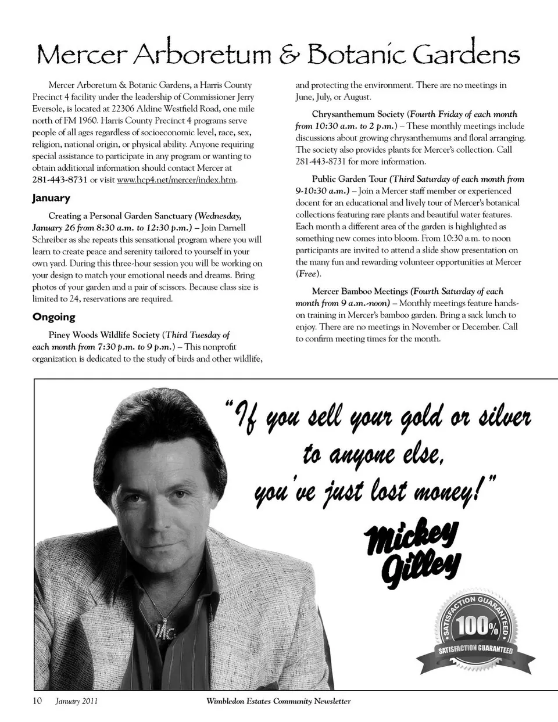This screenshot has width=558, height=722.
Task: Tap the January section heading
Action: (x=51, y=198)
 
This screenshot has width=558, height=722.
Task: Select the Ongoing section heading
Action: (x=54, y=317)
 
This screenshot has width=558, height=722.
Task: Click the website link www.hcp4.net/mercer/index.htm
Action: (x=177, y=179)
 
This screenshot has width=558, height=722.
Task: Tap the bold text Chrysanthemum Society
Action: (x=357, y=114)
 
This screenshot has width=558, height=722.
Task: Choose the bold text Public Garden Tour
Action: (x=349, y=179)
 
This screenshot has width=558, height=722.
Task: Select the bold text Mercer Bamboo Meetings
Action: (x=360, y=291)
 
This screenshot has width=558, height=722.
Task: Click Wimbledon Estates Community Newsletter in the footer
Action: (x=278, y=701)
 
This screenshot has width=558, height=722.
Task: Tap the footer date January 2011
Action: (x=77, y=701)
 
